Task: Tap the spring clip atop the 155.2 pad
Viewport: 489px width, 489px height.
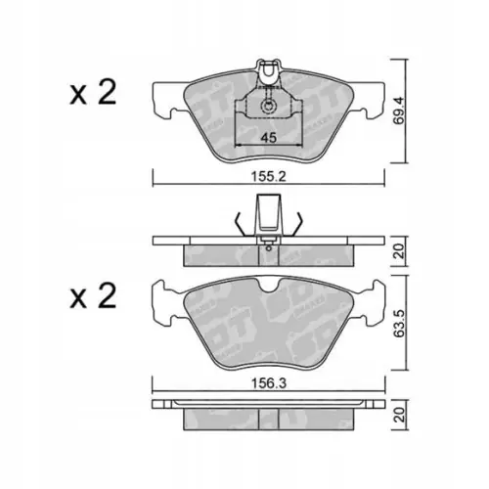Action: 266,69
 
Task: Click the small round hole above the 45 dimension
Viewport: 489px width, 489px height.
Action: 266,106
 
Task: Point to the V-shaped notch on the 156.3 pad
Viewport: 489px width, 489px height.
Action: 266,286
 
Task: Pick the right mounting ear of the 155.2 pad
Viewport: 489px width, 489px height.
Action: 368,98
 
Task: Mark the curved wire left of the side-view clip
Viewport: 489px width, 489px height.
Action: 241,222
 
